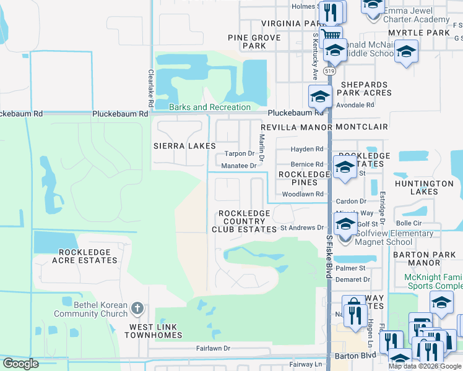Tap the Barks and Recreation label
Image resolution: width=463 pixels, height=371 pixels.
tap(201, 107)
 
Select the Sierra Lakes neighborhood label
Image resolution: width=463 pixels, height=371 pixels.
tap(184, 147)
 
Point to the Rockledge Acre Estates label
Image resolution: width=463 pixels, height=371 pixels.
tap(88, 257)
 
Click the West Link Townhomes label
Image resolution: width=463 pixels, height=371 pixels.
tap(155, 331)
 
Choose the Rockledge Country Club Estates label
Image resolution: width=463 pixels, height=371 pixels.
tap(244, 221)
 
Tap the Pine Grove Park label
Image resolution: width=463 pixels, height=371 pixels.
tap(254, 41)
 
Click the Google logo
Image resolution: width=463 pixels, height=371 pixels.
tap(20, 364)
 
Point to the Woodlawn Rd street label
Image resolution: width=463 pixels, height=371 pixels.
tap(303, 194)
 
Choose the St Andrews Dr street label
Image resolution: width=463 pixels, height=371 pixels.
tap(302, 228)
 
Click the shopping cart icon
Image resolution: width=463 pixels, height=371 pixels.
tap(331, 35)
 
